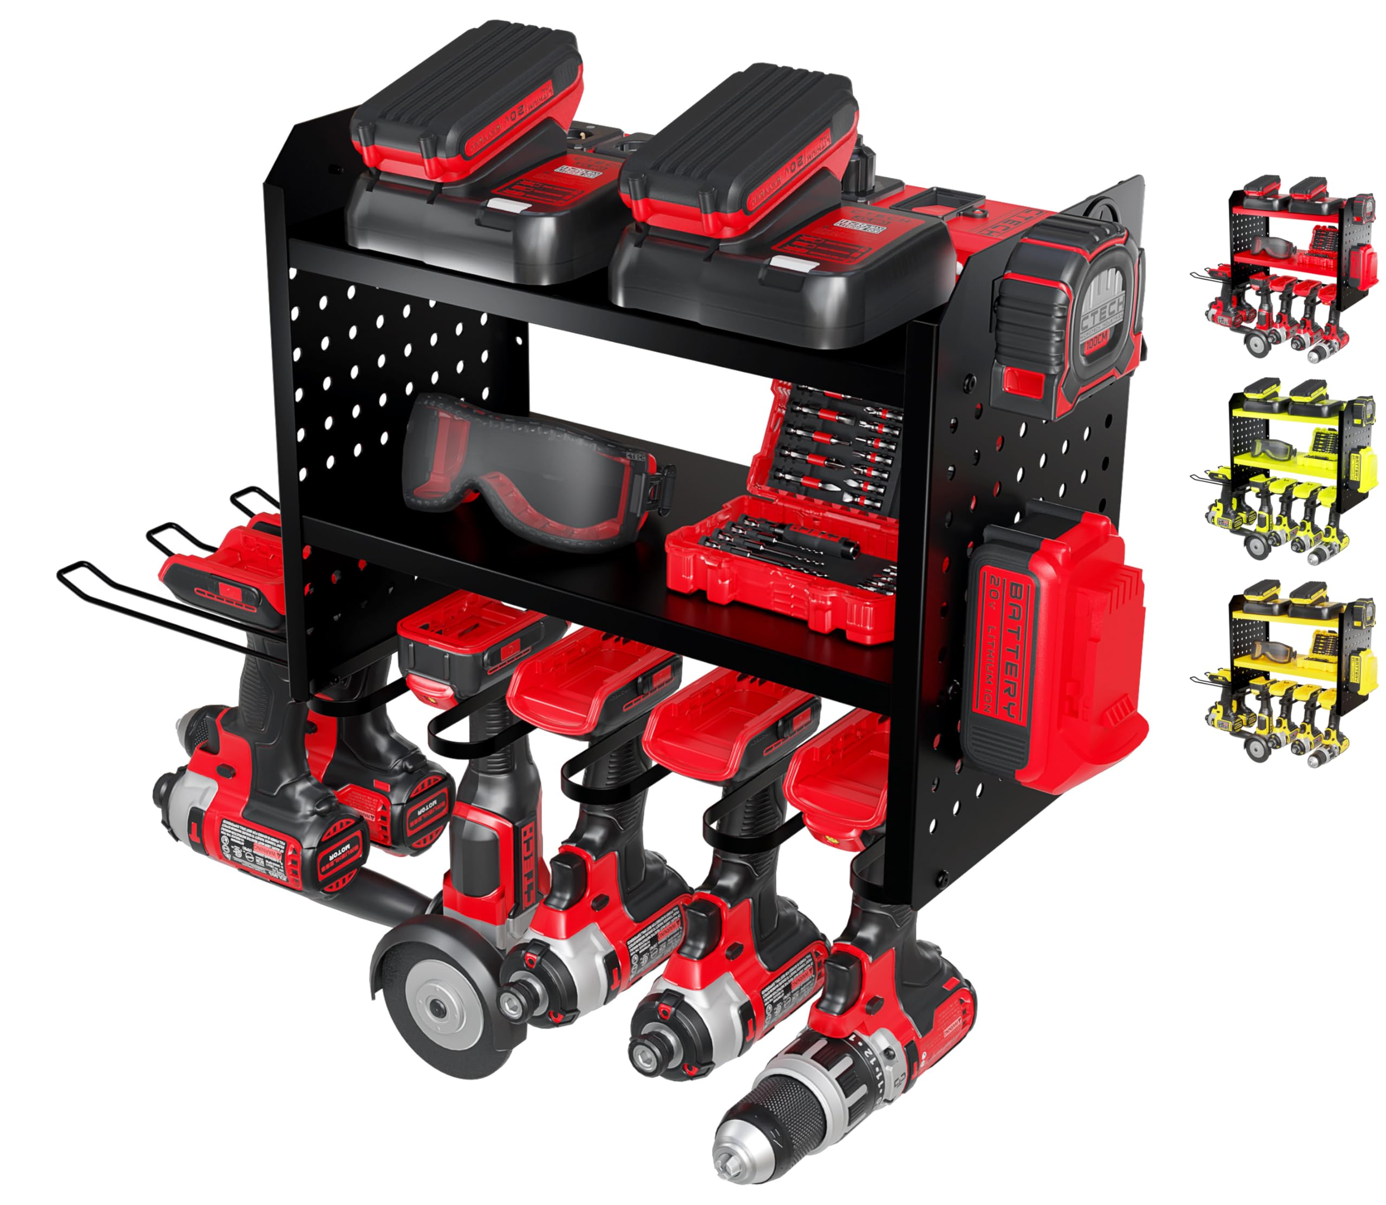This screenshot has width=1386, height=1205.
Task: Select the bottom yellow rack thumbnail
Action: (x=1285, y=673)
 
